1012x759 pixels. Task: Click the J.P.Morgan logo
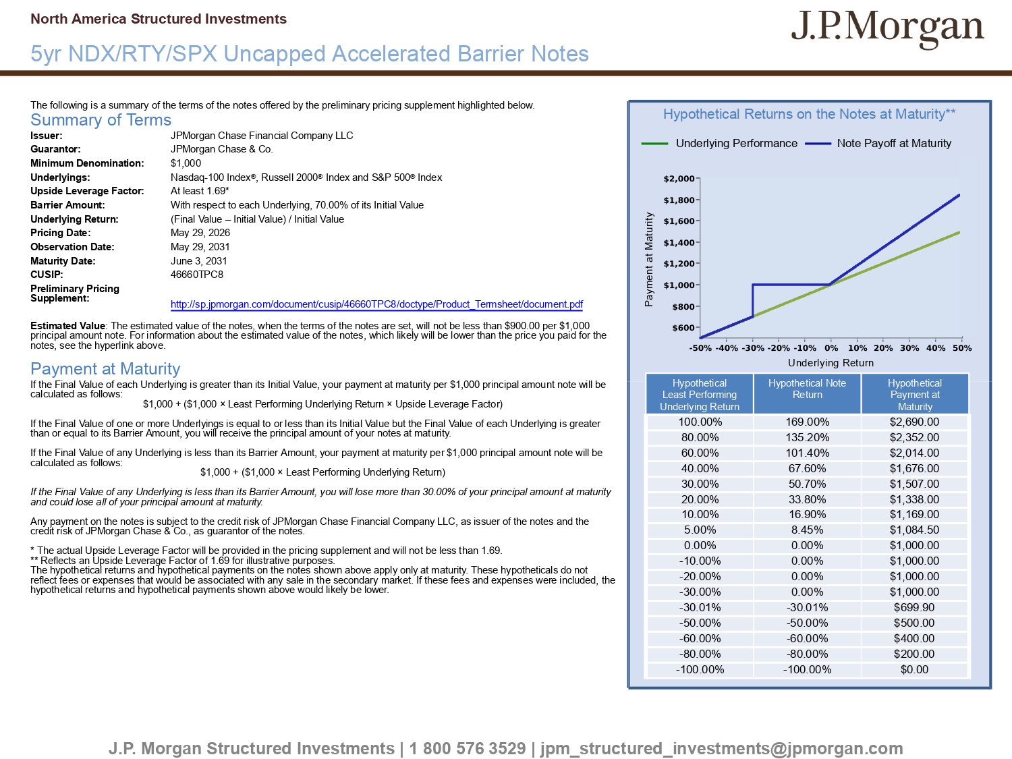[x=887, y=28]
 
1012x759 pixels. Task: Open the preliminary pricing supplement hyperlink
[x=376, y=304]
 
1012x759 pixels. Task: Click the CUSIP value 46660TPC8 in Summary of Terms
[x=197, y=275]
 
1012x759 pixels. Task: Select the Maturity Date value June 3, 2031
[x=199, y=261]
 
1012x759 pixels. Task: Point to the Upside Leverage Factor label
[x=87, y=191]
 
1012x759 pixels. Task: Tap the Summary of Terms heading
[x=101, y=120]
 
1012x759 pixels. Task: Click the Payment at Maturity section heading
[x=105, y=368]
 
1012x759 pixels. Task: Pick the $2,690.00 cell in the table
[x=914, y=422]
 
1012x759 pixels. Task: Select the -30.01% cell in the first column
[x=700, y=607]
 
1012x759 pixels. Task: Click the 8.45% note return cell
[x=808, y=530]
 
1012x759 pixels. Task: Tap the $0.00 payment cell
[x=914, y=669]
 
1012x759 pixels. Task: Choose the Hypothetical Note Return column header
[x=808, y=389]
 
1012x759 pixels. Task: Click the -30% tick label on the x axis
[x=753, y=348]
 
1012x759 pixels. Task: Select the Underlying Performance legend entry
[x=719, y=143]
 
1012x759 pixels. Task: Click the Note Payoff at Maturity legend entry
[x=878, y=143]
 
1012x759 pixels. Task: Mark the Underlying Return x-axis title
[x=831, y=363]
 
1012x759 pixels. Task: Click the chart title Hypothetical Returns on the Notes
[x=809, y=114]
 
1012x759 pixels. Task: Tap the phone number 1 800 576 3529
[x=468, y=748]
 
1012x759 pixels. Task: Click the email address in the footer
[x=721, y=749]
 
